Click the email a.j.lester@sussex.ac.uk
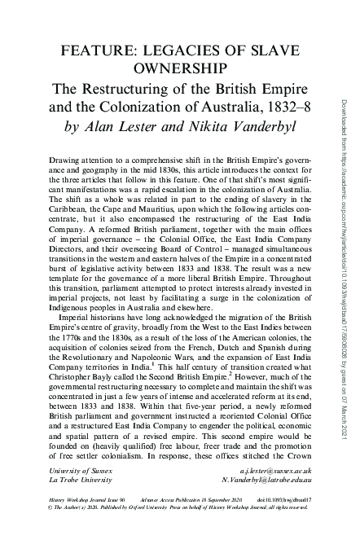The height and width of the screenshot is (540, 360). click(272, 472)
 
